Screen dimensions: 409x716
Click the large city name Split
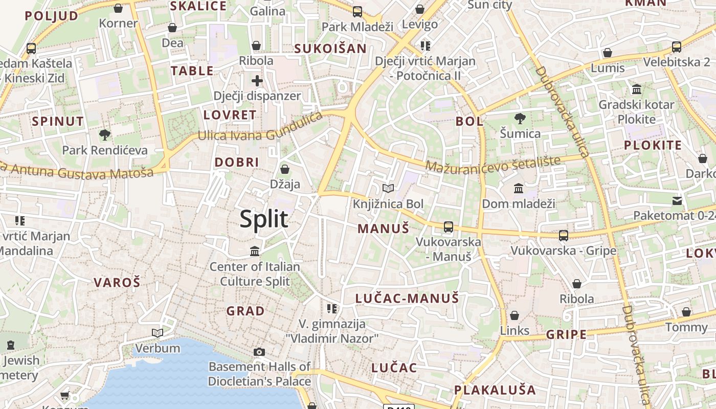point(264,219)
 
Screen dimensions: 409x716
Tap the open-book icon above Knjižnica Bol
point(388,188)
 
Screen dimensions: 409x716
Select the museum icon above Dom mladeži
point(519,188)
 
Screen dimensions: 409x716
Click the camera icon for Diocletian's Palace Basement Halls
point(259,352)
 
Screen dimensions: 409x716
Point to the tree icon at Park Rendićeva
point(104,135)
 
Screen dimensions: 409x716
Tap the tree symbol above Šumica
point(520,119)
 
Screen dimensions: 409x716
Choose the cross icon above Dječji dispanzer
point(257,80)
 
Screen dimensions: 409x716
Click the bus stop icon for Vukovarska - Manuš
point(449,226)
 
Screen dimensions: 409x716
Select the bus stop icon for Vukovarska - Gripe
point(564,235)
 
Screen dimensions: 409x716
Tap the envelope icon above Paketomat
point(677,200)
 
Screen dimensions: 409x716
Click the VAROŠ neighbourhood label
point(117,282)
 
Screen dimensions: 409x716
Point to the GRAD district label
point(245,311)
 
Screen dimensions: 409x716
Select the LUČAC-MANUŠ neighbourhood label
point(407,298)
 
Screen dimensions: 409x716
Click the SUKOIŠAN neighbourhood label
point(330,49)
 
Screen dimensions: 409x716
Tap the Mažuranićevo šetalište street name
point(493,165)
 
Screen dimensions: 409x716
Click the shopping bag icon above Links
point(514,315)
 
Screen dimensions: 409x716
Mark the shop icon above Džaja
point(285,169)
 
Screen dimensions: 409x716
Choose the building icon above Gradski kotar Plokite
point(637,89)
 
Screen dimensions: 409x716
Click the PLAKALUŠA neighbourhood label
point(495,390)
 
